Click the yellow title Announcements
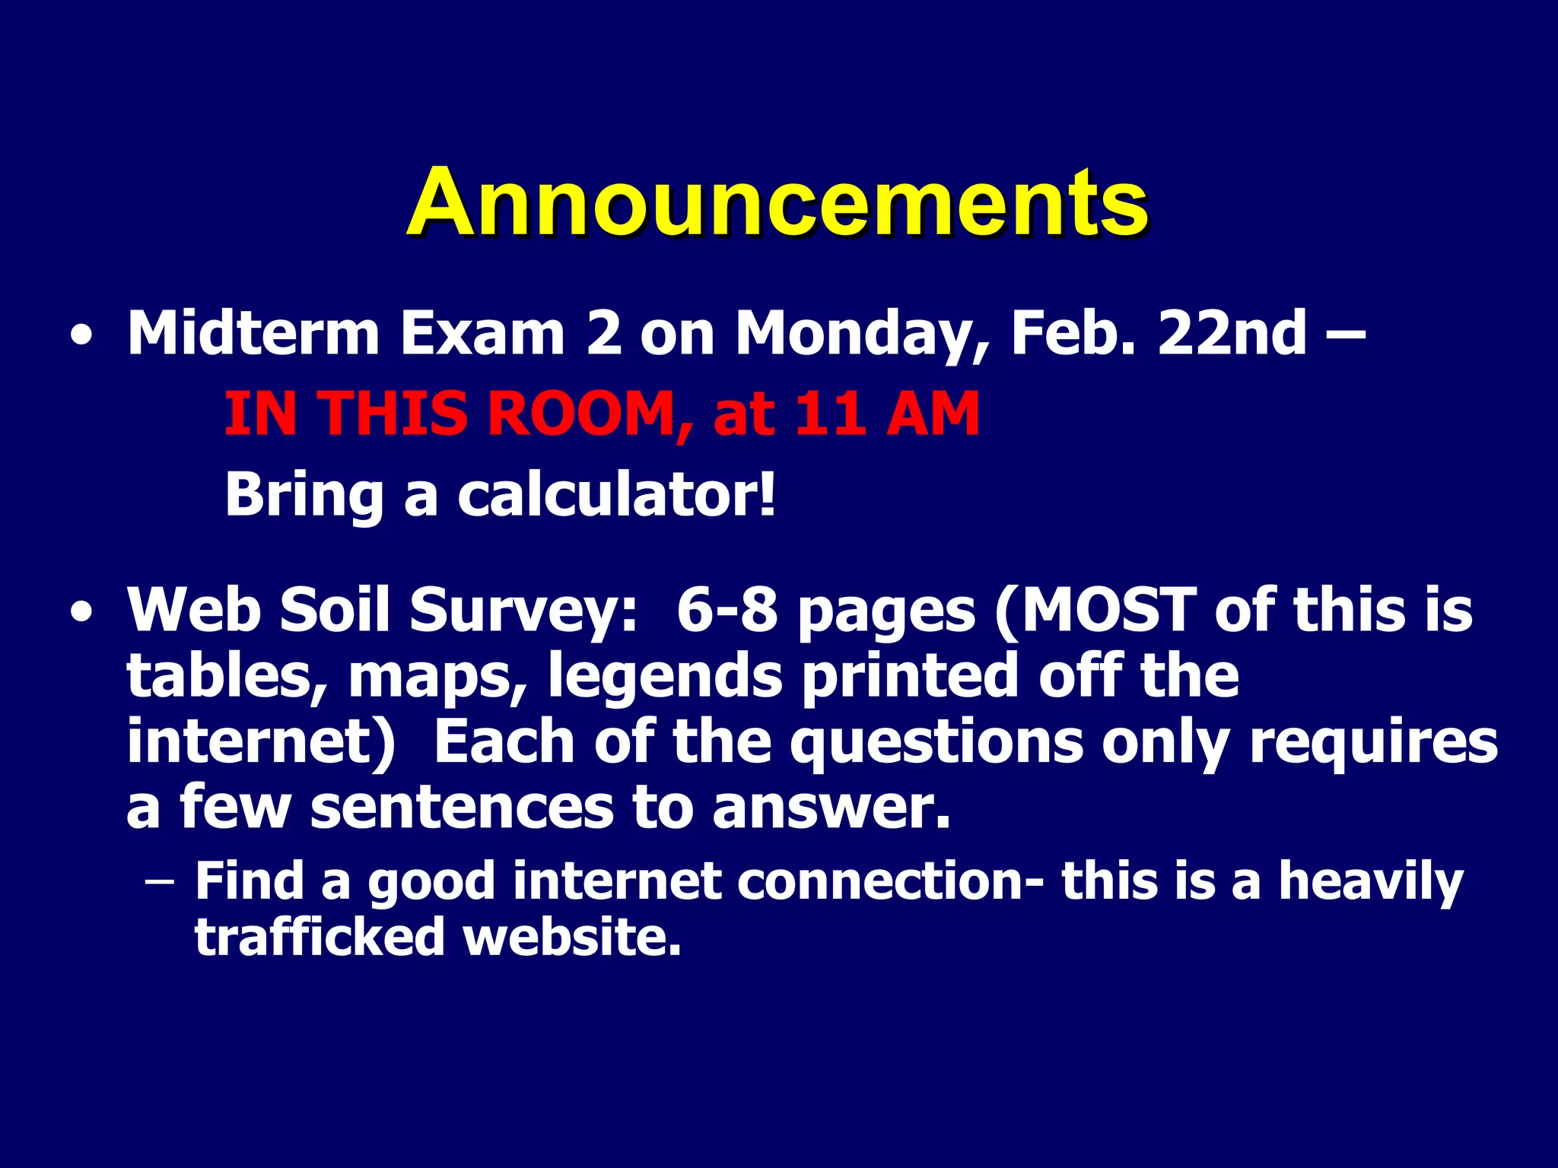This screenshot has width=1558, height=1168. coord(777,204)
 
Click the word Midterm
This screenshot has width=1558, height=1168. coord(253,334)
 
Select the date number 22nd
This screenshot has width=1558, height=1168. coord(1232,334)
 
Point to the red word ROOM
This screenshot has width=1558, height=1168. coord(580,414)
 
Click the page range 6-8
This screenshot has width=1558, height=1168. coord(727,611)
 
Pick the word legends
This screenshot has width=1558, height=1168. coord(665,676)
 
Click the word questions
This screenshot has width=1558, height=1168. coord(936,743)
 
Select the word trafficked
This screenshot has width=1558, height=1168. coord(320,937)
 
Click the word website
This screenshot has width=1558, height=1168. coord(572,937)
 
